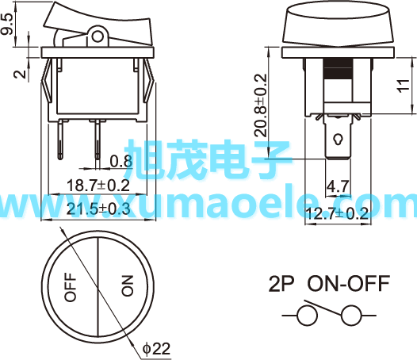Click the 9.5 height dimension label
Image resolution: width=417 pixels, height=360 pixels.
[x=7, y=25]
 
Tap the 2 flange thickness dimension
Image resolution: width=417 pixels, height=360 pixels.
[x=20, y=74]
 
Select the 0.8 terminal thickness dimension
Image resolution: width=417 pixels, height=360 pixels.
[x=121, y=161]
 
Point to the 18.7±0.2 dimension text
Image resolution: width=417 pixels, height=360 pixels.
[x=98, y=186]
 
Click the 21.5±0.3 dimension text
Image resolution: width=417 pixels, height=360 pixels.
[x=98, y=209]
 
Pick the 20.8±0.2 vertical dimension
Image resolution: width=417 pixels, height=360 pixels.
[x=260, y=105]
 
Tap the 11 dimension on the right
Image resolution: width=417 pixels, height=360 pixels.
[x=404, y=86]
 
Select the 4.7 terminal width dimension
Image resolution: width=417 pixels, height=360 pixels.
[x=338, y=186]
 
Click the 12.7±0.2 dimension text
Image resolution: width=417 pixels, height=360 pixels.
[x=337, y=213]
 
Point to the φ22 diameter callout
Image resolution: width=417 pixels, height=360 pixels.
[x=156, y=349]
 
